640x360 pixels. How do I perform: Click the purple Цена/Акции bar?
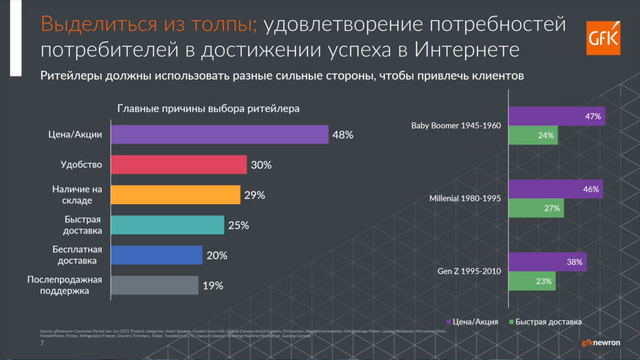click(220, 134)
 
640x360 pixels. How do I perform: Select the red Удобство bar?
click(179, 165)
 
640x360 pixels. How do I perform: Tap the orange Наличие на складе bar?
click(176, 195)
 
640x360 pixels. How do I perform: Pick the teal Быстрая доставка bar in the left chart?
click(168, 225)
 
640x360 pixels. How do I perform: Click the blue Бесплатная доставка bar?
click(157, 255)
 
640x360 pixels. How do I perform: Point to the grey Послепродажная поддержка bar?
click(155, 285)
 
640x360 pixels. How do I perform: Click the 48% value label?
click(343, 134)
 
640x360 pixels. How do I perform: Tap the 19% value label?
click(213, 286)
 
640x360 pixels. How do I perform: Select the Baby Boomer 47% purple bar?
click(556, 116)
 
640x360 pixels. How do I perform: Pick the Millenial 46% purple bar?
click(556, 189)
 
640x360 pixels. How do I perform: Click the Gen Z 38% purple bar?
click(547, 262)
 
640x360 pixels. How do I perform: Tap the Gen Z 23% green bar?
click(532, 281)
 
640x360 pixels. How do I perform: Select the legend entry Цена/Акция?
click(472, 322)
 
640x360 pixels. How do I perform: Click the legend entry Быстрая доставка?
click(546, 322)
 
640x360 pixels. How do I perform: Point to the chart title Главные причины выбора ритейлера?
click(209, 108)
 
